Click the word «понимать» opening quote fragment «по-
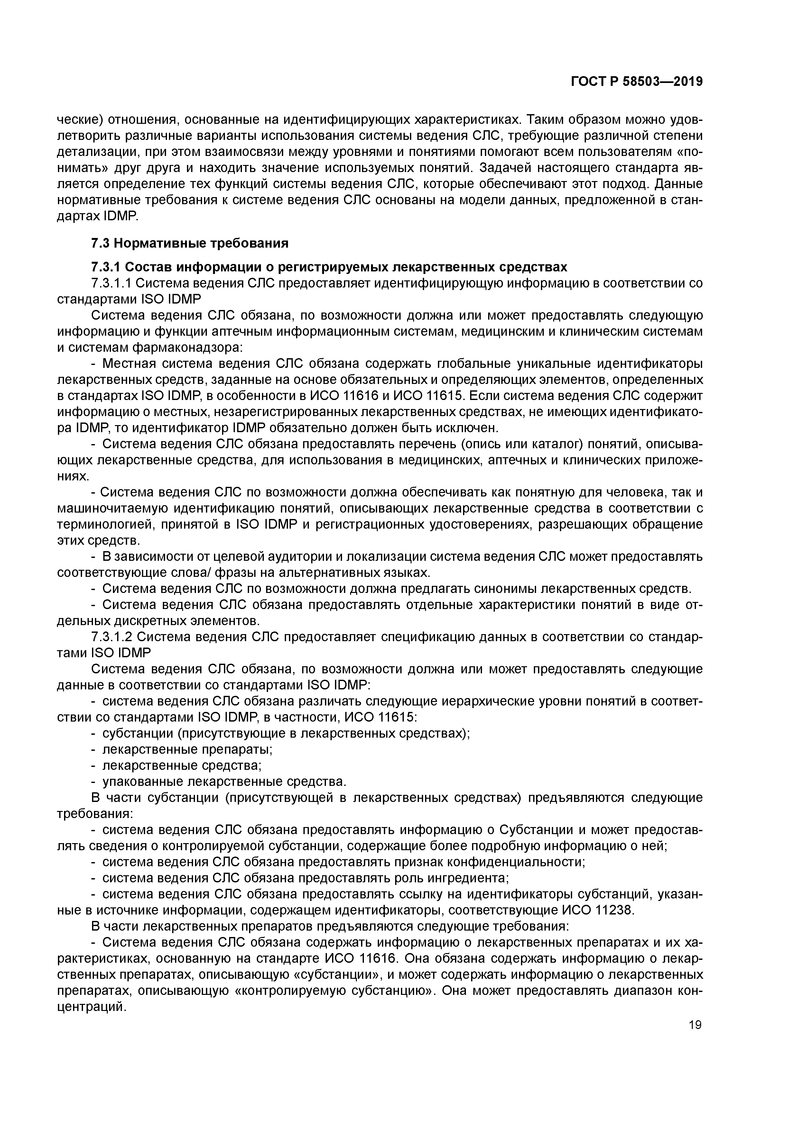[x=689, y=152]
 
